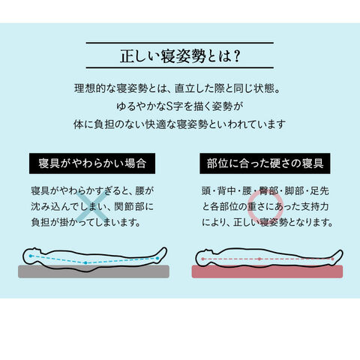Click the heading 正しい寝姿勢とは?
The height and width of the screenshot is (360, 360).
coord(180,55)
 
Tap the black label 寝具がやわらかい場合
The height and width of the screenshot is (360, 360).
coord(92,163)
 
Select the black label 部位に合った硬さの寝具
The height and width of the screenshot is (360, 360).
coord(265,163)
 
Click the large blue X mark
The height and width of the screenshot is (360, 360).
coord(93,206)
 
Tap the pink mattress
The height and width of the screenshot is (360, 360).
coord(267,271)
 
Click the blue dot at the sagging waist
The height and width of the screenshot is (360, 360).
coord(85,262)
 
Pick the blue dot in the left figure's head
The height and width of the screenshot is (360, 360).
coord(31,256)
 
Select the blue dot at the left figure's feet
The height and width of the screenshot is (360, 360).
coord(157,258)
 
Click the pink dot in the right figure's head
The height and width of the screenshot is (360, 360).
coord(202,259)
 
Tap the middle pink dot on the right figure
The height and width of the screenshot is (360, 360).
coord(259,259)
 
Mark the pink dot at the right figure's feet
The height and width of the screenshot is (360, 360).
coord(332,259)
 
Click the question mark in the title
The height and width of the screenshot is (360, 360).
coord(235,56)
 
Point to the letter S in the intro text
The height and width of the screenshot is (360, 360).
coord(169,106)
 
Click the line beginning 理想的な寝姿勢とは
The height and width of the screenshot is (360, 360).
coord(177,88)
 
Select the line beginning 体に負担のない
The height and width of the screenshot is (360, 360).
coord(179,124)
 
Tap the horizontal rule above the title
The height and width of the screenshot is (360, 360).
coord(180,43)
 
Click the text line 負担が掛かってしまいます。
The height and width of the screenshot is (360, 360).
coord(85,222)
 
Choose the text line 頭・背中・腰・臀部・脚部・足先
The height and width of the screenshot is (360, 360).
coord(265,191)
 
